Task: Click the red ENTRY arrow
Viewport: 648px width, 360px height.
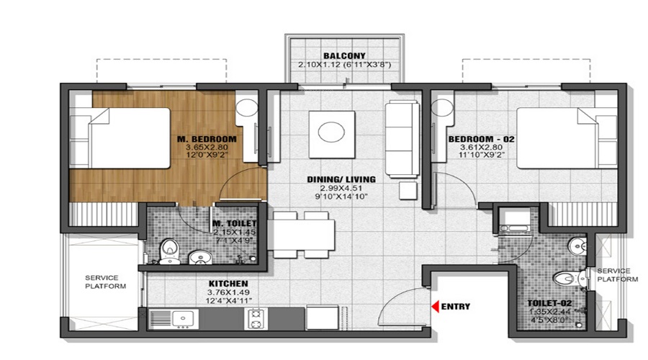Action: click(435, 306)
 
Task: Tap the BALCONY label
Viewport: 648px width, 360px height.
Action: click(344, 55)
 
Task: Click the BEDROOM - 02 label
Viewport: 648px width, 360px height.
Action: click(481, 138)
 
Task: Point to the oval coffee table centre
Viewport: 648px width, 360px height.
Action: click(331, 132)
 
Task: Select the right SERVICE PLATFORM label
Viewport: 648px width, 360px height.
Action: click(617, 274)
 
